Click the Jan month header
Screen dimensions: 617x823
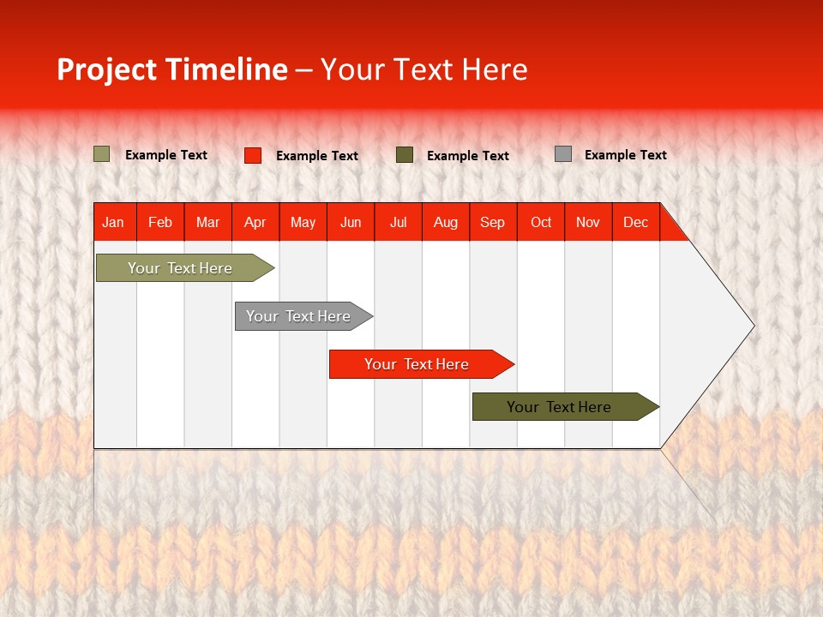pos(113,222)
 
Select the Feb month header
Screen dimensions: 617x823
pos(160,222)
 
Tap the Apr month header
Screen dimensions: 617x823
pos(255,222)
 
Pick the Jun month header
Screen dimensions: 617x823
pos(350,222)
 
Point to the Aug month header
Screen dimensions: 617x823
pos(445,222)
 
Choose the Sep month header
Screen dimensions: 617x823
pos(492,222)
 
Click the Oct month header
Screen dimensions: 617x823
pos(540,222)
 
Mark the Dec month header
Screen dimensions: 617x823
pos(635,222)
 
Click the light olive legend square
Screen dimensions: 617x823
pos(101,154)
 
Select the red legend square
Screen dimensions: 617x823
pos(252,155)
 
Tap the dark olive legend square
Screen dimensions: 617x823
pos(404,154)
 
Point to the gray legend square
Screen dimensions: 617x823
pos(562,154)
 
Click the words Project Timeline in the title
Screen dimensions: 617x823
pos(172,69)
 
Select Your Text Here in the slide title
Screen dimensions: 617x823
pos(424,69)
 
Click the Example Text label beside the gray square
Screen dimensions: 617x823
pos(625,155)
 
